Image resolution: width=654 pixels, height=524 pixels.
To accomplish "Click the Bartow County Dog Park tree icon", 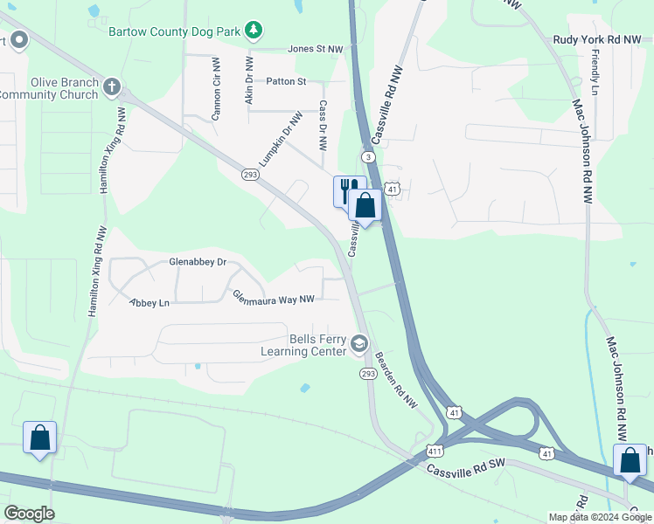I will coord(254,31).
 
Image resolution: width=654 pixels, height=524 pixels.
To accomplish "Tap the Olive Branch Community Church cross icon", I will coord(111,87).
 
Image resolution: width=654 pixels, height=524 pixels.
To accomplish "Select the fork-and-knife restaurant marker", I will coord(346,190).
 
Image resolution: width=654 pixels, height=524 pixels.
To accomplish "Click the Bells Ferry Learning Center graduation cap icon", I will coord(358,345).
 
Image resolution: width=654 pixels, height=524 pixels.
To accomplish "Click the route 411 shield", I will coord(435,451).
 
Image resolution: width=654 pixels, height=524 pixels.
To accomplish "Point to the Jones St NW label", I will coord(316,50).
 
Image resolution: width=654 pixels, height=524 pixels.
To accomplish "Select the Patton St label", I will coord(287,81).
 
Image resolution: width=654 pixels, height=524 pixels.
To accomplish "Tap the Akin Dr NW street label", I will coord(249,83).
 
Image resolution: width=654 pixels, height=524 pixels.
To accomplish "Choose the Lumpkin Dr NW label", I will coord(280,139).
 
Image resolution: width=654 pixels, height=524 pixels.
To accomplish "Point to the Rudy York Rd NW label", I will coord(597,39).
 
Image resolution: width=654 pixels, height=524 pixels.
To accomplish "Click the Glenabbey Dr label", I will coord(197,262).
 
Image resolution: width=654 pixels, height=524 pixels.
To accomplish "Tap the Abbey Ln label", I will coord(149,303).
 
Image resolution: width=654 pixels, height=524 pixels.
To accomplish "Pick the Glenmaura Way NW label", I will coord(274,300).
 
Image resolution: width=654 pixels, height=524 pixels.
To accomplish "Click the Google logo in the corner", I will coord(29,514).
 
